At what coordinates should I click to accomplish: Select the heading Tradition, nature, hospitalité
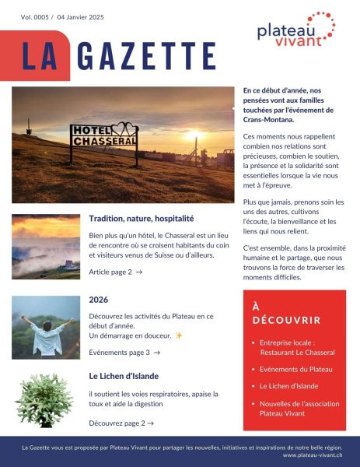pos(141,219)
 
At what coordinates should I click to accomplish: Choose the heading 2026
pos(99,300)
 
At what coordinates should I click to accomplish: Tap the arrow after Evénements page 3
pos(156,353)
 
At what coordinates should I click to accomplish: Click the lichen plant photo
pos(44,402)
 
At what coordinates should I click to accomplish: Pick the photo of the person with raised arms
pos(46,327)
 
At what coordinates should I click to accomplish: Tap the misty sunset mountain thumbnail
pos(46,246)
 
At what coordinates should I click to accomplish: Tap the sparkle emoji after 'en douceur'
pos(178,335)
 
